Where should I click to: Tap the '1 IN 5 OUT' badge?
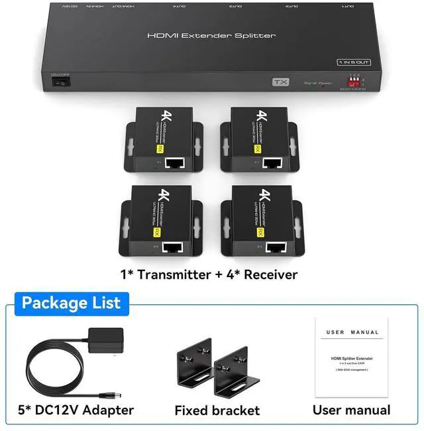(353, 62)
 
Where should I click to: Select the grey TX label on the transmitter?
(282, 83)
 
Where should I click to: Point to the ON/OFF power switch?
(61, 82)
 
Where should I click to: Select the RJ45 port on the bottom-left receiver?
(173, 248)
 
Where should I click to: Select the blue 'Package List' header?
(71, 303)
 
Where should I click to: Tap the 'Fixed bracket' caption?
(217, 410)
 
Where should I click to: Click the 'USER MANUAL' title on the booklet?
(352, 332)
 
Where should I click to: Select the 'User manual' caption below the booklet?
(352, 410)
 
